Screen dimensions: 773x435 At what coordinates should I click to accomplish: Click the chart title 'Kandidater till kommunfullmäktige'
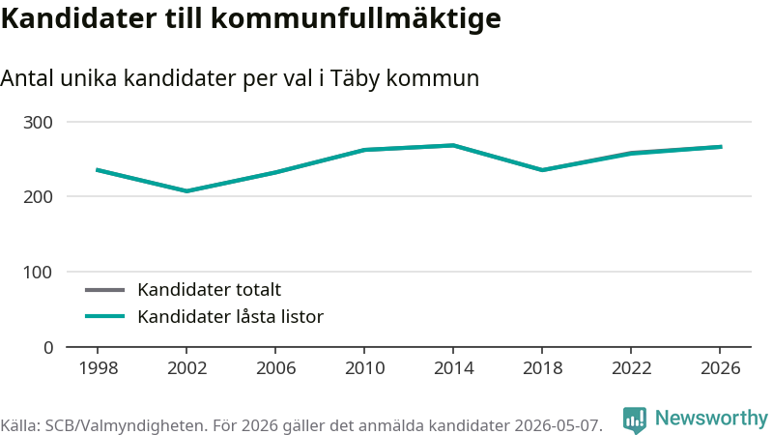[251, 19]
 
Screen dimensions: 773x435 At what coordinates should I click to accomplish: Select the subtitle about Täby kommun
[240, 78]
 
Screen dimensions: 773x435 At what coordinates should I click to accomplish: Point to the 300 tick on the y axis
[38, 123]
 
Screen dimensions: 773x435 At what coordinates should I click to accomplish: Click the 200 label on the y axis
[38, 197]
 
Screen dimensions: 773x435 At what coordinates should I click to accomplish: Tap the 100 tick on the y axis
[38, 273]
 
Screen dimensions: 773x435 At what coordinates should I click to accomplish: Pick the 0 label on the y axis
[48, 348]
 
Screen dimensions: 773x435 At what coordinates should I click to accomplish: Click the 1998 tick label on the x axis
[99, 368]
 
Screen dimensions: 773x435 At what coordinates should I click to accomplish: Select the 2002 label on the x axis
[186, 368]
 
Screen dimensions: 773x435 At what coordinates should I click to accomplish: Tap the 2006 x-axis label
[275, 368]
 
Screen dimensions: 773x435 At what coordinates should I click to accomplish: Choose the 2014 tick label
[453, 368]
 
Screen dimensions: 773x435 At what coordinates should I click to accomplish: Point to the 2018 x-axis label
[542, 368]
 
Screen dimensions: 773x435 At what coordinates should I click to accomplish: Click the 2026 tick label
[720, 368]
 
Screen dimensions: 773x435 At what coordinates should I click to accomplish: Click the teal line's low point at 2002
[186, 190]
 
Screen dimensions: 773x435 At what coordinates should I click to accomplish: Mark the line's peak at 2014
[453, 145]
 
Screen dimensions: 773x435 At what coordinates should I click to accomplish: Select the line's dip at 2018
[542, 170]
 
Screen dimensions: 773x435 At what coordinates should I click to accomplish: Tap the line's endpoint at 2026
[720, 147]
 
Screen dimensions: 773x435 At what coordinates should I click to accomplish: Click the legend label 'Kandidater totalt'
[209, 289]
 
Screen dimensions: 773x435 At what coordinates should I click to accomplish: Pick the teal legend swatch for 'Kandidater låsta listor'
[105, 316]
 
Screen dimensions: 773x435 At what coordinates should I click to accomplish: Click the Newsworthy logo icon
[635, 420]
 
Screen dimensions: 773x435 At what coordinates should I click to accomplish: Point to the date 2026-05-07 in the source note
[558, 425]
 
